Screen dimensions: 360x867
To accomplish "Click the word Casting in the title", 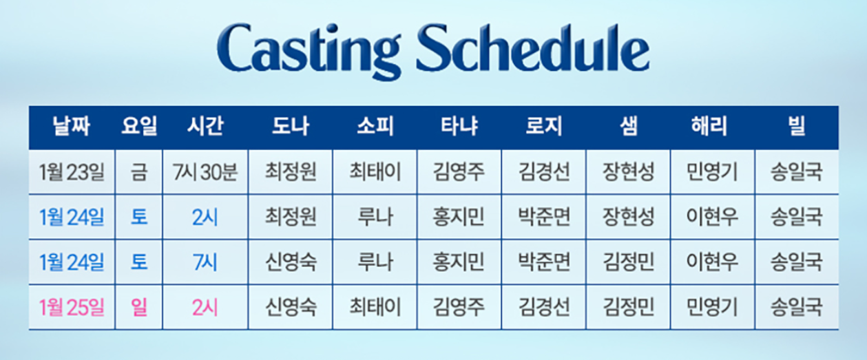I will pyautogui.click(x=313, y=50).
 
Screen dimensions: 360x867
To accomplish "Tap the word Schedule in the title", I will pyautogui.click(x=532, y=50).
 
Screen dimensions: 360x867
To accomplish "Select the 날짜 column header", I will pyautogui.click(x=72, y=127).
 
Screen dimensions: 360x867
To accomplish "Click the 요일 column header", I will pyautogui.click(x=138, y=127).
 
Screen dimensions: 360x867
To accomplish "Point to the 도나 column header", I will pyautogui.click(x=291, y=127).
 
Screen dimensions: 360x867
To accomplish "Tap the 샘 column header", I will pyautogui.click(x=628, y=127).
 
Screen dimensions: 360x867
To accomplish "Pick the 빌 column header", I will pyautogui.click(x=797, y=127).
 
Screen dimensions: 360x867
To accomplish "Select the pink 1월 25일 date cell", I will pyautogui.click(x=72, y=306).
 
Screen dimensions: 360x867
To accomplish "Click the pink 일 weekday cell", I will pyautogui.click(x=138, y=306).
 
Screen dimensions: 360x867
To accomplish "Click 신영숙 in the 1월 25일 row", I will pyautogui.click(x=291, y=306).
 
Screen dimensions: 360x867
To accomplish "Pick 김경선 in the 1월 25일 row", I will pyautogui.click(x=543, y=306).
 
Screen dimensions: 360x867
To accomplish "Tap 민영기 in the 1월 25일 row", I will pyautogui.click(x=712, y=306).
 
